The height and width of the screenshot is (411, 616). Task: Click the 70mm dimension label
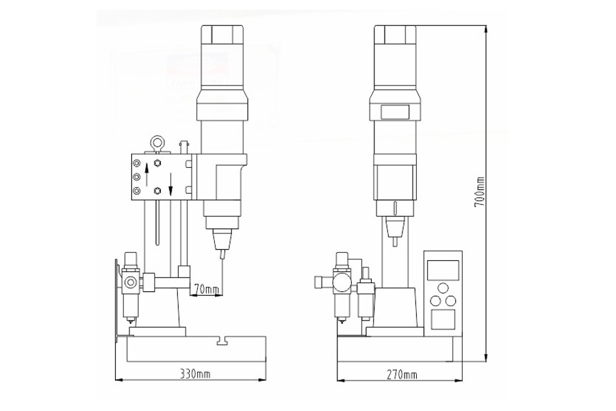coord(206,290)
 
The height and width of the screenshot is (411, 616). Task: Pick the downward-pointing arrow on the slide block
coord(171,182)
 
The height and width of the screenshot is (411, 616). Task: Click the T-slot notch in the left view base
coord(221,340)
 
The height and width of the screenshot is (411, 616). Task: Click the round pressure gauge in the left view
coord(130,283)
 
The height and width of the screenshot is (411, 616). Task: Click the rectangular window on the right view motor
coord(395,110)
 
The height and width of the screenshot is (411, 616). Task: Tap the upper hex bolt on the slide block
coord(158,163)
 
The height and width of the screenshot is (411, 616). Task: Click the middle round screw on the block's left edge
coord(137,176)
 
